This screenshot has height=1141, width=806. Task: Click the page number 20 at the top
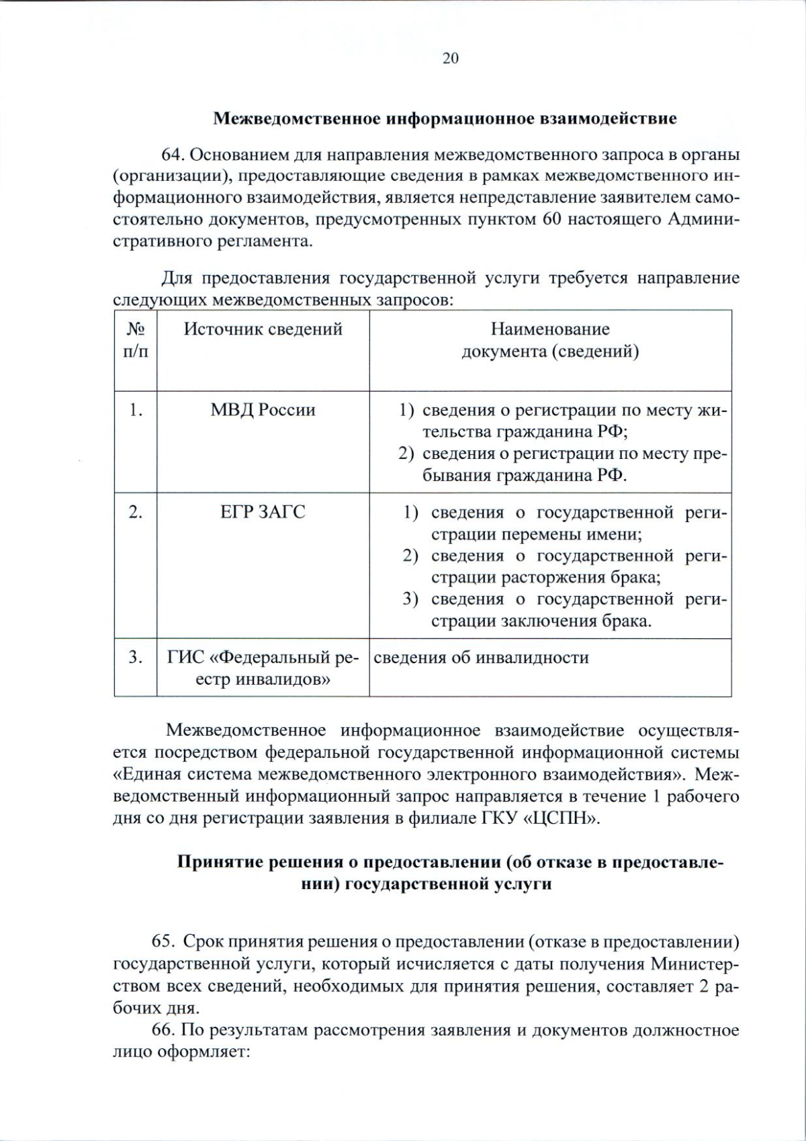click(450, 58)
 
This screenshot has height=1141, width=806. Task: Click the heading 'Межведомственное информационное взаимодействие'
click(445, 119)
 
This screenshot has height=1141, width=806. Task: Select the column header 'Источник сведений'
click(263, 329)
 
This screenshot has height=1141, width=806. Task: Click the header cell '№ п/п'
click(136, 339)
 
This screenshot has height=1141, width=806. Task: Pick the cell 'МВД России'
click(263, 409)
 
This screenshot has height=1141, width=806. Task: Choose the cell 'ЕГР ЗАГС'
click(263, 512)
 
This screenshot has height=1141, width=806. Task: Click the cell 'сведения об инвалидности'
click(481, 657)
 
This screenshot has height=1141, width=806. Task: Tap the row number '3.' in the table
click(136, 657)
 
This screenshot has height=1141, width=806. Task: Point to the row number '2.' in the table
click(136, 512)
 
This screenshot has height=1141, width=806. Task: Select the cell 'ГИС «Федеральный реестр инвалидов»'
click(263, 668)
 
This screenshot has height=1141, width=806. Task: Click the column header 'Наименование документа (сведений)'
click(549, 339)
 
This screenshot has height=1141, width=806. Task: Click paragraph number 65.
click(165, 941)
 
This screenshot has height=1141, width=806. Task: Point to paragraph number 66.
click(165, 1030)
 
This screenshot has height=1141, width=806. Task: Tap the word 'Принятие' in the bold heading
click(217, 861)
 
